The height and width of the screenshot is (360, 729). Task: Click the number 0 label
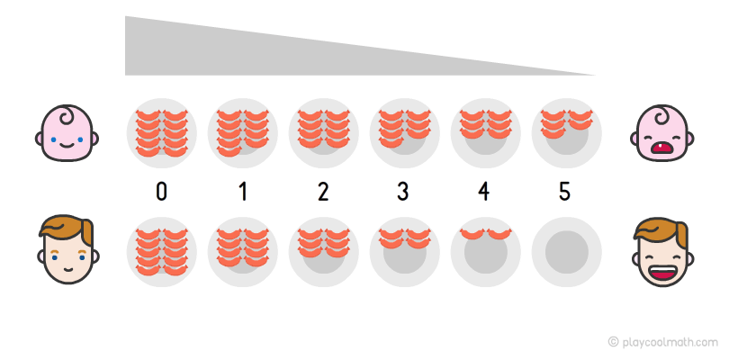(x=161, y=192)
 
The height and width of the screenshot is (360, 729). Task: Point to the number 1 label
(x=242, y=192)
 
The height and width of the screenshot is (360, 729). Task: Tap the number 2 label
(x=323, y=192)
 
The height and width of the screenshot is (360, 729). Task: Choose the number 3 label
(x=404, y=192)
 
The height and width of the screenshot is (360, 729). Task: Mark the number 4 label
(x=485, y=192)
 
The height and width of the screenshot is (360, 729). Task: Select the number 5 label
(x=566, y=192)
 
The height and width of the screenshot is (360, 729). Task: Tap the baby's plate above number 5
(x=566, y=132)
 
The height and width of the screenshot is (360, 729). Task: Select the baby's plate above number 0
(x=161, y=132)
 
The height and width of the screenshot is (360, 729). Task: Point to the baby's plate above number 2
(x=323, y=132)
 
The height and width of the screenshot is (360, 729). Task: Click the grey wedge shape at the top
(x=270, y=49)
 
